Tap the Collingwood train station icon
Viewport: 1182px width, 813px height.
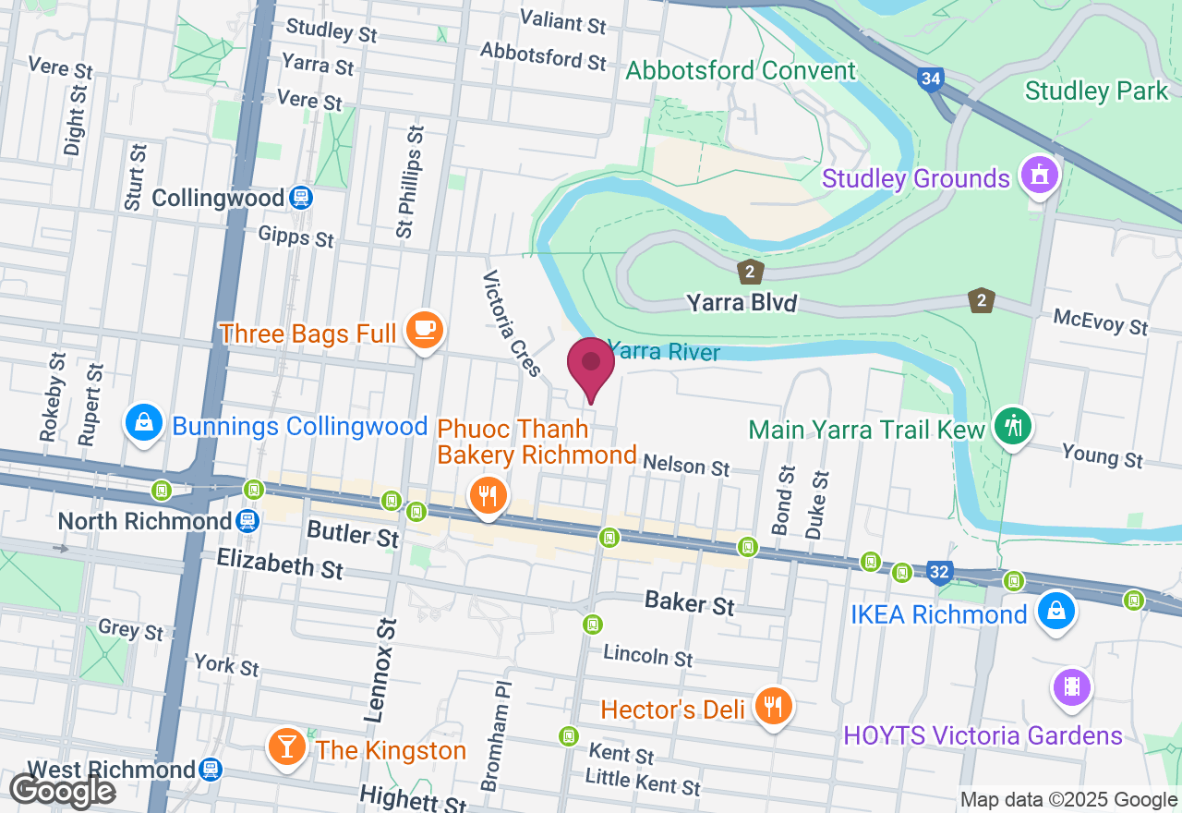(300, 198)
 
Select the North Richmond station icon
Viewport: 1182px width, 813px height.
(247, 521)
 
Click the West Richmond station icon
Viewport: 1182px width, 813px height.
(211, 770)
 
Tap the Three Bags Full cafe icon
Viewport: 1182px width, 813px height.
(425, 329)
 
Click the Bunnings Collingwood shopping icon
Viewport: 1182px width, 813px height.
(144, 423)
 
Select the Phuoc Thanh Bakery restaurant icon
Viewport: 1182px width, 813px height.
(486, 496)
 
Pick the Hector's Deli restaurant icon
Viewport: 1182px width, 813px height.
(773, 707)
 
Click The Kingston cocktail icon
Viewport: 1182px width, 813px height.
(287, 746)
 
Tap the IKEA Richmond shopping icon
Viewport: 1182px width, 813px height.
(1055, 611)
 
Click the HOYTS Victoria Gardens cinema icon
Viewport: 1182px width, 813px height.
(1072, 686)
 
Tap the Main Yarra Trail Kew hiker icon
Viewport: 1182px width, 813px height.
(1014, 426)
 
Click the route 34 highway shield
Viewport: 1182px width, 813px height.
(931, 79)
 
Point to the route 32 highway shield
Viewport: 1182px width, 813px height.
(939, 573)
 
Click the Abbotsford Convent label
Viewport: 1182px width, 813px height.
(742, 71)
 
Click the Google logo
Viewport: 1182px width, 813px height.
(62, 792)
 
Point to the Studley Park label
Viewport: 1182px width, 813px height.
(1097, 91)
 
